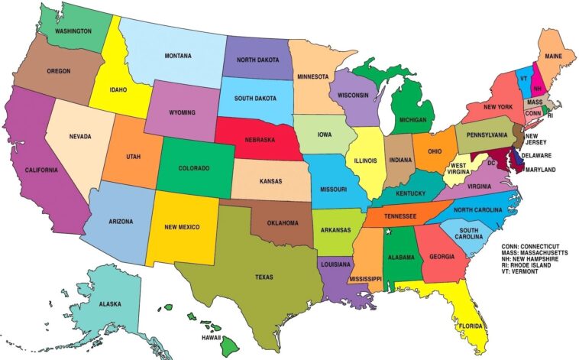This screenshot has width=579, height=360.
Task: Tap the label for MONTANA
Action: tap(178, 56)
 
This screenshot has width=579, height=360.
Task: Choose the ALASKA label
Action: tap(109, 304)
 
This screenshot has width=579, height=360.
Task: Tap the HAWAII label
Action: tap(211, 337)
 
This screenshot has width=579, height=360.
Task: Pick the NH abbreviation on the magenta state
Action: tap(537, 89)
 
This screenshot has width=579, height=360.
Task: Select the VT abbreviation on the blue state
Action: tap(523, 78)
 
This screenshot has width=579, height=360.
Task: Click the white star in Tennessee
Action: tap(388, 231)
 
